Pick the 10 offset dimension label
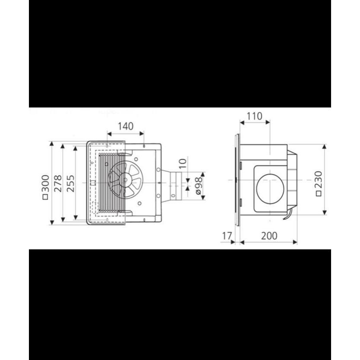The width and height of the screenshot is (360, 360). point(182,163)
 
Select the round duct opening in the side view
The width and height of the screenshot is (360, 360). point(271,189)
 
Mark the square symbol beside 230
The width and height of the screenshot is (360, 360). point(318,193)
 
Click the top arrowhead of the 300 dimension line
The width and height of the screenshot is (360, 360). point(51,143)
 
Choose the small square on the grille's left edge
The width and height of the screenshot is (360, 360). point(93,183)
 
